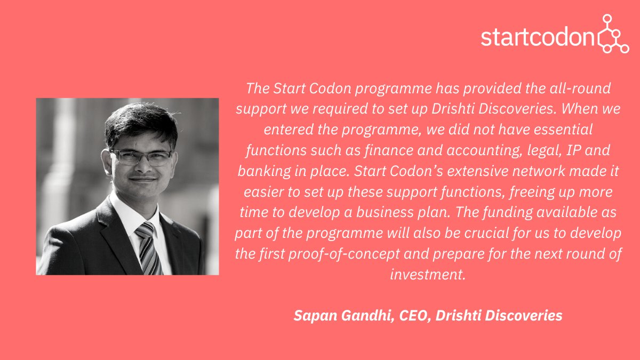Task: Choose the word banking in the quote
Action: point(267,171)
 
